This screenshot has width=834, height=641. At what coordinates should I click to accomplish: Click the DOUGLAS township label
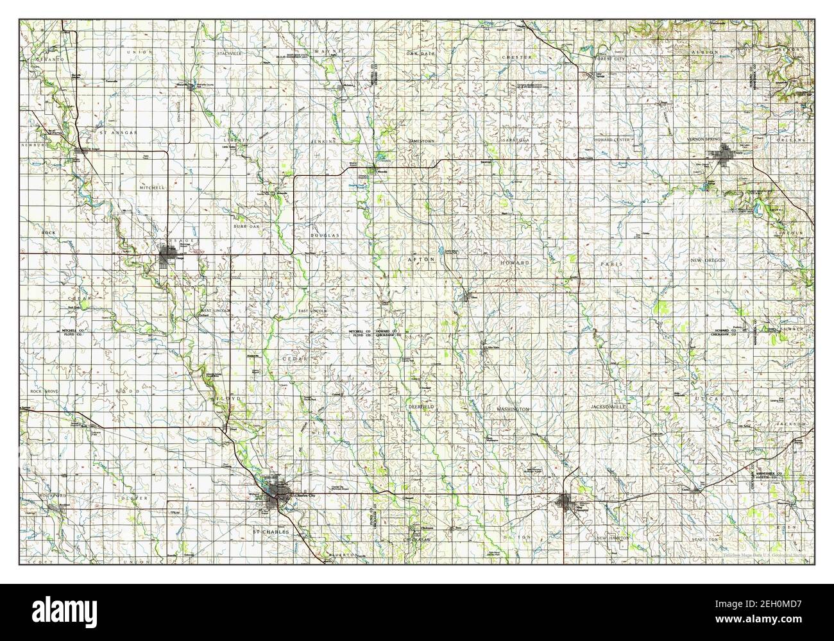pos(325,235)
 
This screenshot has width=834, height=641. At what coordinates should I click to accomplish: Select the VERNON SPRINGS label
pos(704,139)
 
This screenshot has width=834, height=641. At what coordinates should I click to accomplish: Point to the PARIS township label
pos(608,264)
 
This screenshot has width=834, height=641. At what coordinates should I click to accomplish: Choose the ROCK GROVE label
pos(44,391)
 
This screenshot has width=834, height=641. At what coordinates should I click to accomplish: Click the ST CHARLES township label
pos(271,532)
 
